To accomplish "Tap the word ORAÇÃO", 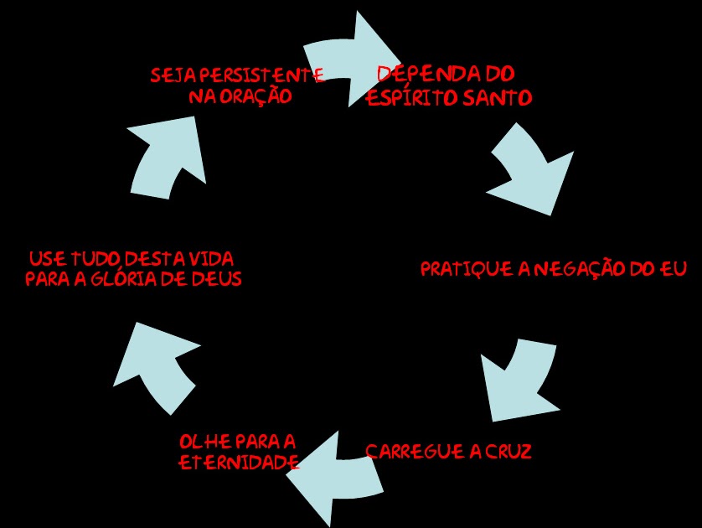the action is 252,97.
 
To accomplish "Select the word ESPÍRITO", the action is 407,98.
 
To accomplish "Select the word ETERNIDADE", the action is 240,463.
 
